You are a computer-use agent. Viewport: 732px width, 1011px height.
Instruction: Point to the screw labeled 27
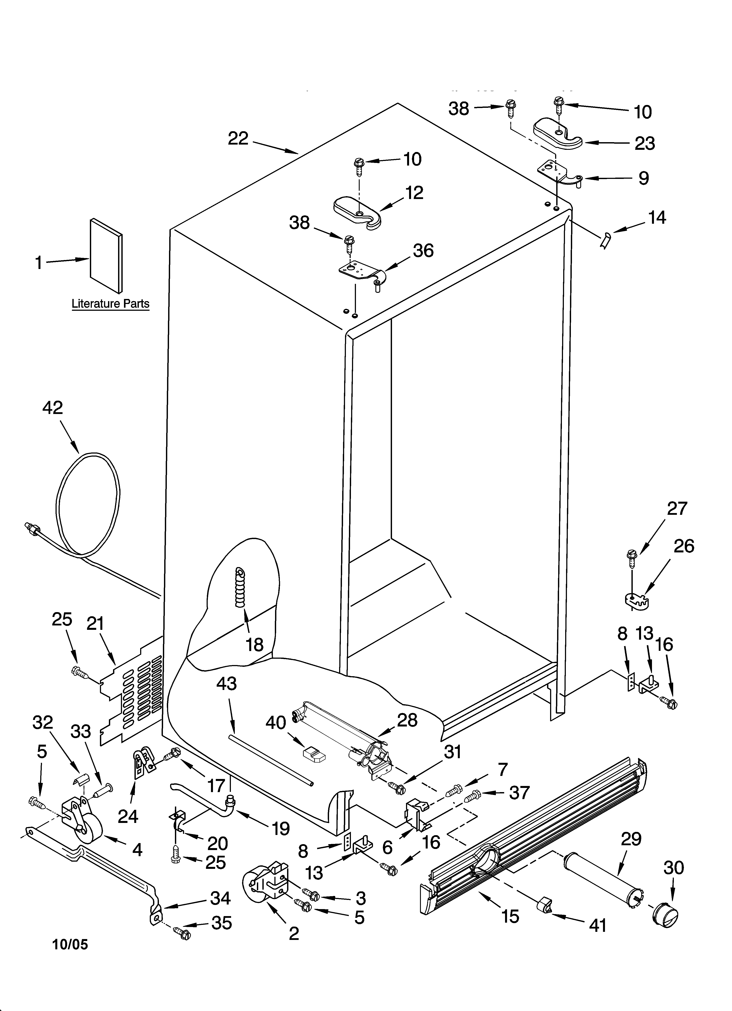tap(632, 557)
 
